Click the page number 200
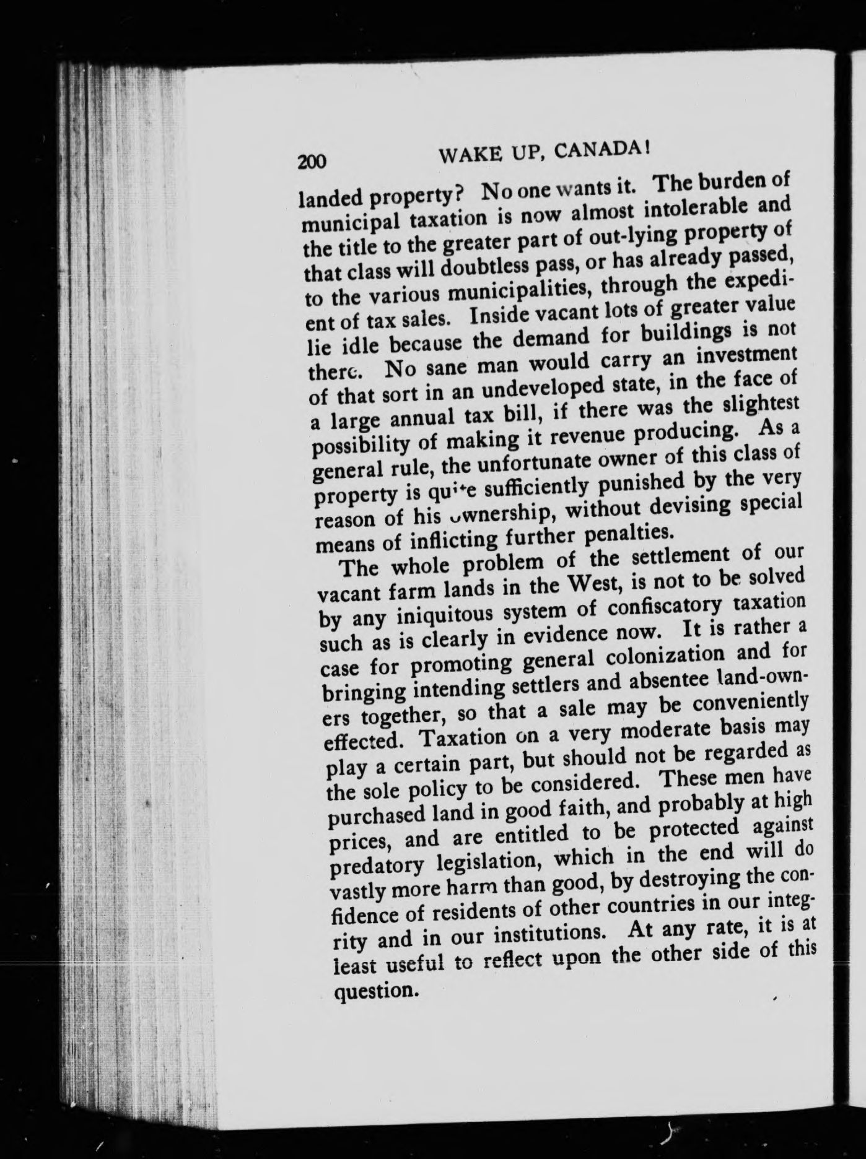pyautogui.click(x=312, y=161)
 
